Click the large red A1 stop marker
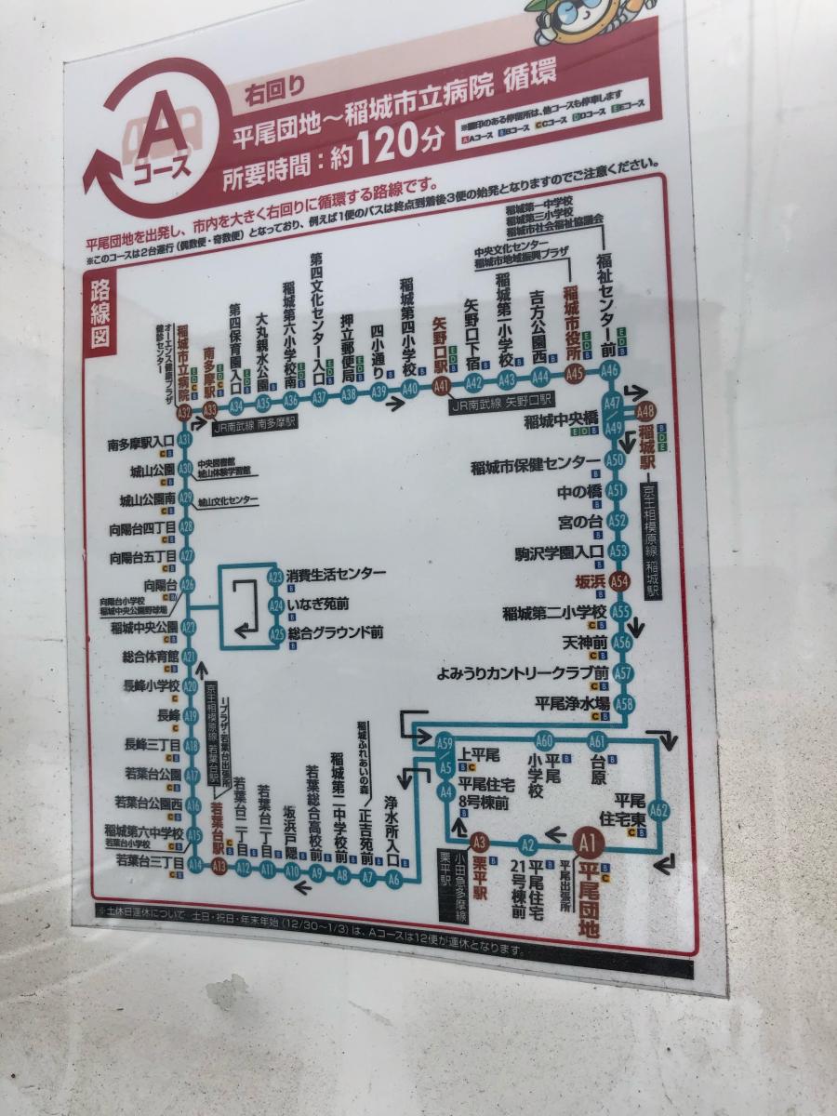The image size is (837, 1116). coord(587,843)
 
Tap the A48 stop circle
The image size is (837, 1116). coord(646,410)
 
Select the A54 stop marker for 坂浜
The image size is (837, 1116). coord(620,580)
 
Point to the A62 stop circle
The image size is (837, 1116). coord(659,809)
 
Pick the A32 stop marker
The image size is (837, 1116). coord(184,411)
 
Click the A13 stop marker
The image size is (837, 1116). coord(219,867)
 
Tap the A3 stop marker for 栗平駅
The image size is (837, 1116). coord(480,843)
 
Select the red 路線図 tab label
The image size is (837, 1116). coord(100,312)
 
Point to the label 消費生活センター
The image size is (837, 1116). coord(336,575)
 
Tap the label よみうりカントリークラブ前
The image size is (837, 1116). coord(523,672)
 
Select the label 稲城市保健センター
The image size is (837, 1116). coord(535,462)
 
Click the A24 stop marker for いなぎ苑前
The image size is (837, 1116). coord(275,605)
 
